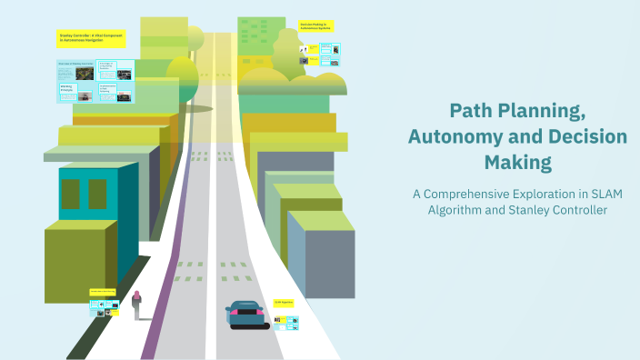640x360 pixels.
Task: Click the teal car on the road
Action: tap(246, 314)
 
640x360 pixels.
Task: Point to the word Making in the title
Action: tap(518, 164)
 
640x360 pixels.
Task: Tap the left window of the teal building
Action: tap(71, 194)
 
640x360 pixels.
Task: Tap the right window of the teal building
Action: tap(96, 194)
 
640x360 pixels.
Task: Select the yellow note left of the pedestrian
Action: tap(103, 293)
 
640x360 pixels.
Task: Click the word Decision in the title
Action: tap(584, 137)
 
